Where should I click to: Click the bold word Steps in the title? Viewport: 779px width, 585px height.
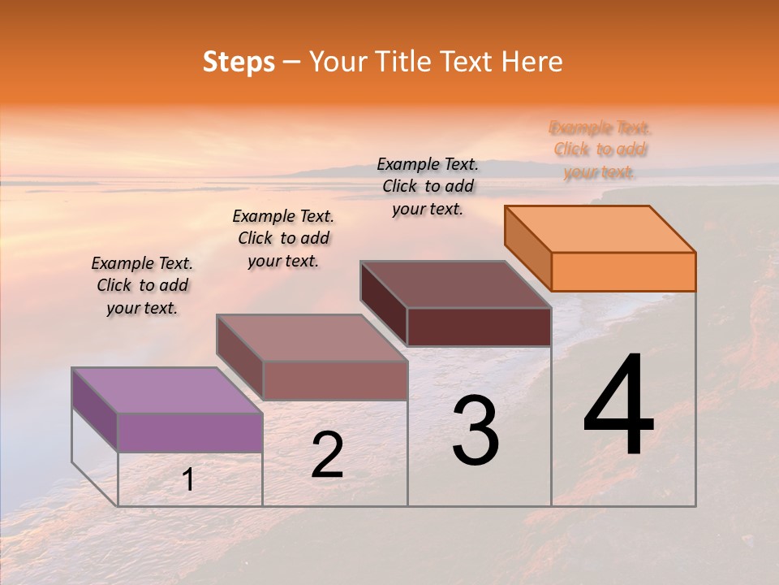[x=239, y=62]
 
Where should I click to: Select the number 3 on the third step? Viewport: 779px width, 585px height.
[x=476, y=431]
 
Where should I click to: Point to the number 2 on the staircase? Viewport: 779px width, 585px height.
[x=328, y=456]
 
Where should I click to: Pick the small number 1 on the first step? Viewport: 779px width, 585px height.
[x=188, y=480]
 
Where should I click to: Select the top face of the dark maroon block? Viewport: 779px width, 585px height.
[x=456, y=284]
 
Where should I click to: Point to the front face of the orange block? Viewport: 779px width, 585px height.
[x=623, y=271]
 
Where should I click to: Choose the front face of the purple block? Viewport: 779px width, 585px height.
[x=190, y=432]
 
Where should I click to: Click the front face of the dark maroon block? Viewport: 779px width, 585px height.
[x=479, y=327]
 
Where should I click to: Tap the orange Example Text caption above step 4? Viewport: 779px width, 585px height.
[x=600, y=149]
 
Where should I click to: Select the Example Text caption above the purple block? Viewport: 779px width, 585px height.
[x=142, y=285]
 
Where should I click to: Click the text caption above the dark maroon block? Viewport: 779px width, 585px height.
[x=428, y=186]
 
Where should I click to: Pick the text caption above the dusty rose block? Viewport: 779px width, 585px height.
[x=283, y=238]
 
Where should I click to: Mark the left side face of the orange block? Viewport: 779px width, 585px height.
[x=527, y=248]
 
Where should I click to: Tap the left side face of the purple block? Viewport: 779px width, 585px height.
[x=95, y=409]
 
